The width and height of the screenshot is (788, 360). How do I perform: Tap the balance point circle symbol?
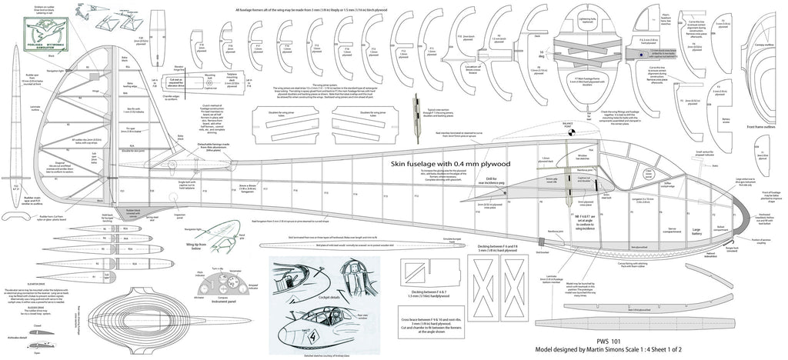coord(570,131)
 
